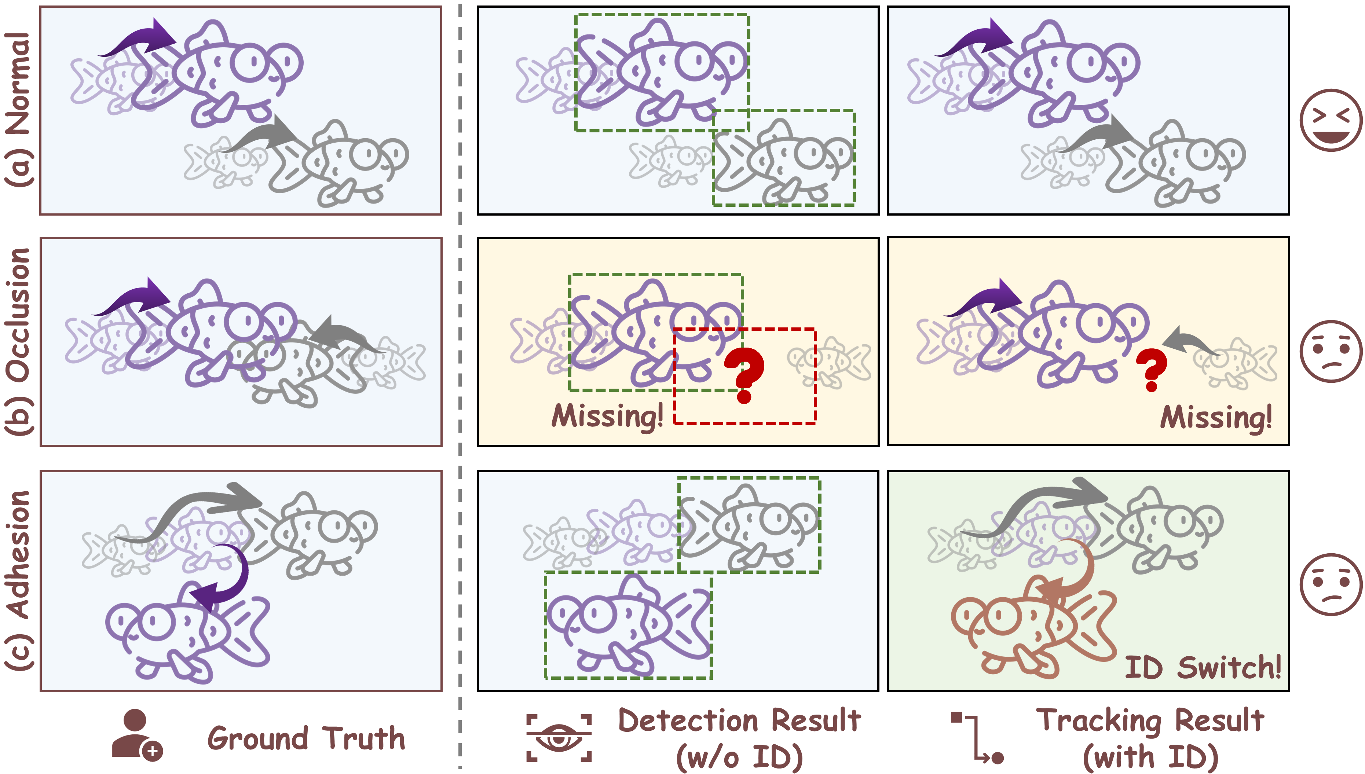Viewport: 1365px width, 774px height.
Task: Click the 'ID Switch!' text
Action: (x=1202, y=668)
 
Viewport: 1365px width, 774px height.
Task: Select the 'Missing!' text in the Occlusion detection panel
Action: (x=608, y=416)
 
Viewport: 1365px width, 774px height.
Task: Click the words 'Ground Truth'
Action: (x=306, y=738)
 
